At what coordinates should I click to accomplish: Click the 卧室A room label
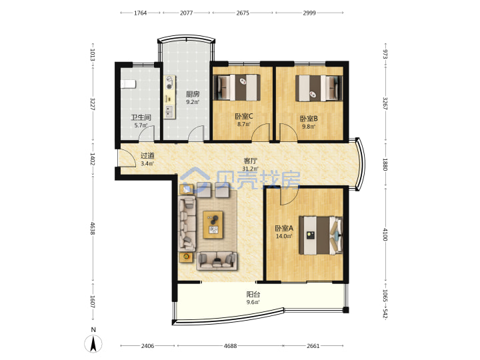pos(284,228)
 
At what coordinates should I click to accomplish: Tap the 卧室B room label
pos(309,119)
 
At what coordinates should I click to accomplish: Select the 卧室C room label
pos(244,116)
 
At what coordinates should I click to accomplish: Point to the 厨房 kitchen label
pos(193,94)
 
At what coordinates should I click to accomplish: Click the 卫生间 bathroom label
pos(141,117)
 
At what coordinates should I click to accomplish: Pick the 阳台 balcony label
pos(253,295)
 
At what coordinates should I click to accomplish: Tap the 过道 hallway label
pos(147,155)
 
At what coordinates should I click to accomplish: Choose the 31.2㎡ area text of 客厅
pos(250,169)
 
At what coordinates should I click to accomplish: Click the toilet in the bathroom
pos(128,84)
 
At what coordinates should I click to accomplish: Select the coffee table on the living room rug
pos(213,225)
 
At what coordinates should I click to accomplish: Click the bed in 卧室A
pos(321,235)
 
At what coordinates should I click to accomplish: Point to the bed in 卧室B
pos(319,88)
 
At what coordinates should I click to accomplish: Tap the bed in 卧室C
pos(237,87)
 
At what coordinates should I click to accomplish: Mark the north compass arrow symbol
pos(93,343)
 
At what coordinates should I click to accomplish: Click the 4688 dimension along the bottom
pos(230,346)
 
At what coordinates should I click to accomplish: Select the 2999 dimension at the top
pos(309,13)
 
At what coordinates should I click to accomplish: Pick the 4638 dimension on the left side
pos(93,229)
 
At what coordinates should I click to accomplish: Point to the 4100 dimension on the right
pos(385,234)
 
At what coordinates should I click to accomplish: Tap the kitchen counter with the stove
pos(169,97)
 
